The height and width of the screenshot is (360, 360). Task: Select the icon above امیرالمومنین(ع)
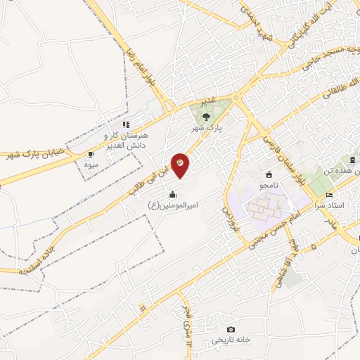click(x=173, y=193)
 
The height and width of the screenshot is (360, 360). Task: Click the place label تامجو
click(x=267, y=186)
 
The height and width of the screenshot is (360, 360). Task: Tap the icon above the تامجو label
click(x=268, y=174)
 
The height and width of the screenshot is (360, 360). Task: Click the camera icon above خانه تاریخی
click(x=231, y=329)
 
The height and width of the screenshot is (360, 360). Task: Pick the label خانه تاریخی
click(x=231, y=340)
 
